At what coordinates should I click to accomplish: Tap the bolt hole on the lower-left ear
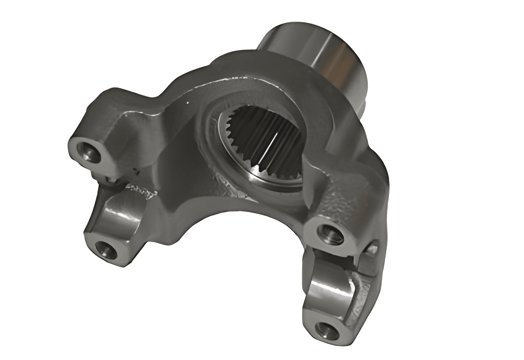tap(105, 249)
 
